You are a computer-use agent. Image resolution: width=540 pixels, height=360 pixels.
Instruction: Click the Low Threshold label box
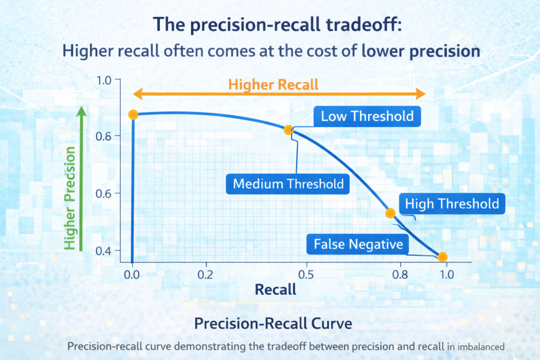tap(367, 116)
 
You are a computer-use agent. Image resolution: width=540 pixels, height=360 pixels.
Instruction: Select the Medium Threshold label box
tap(288, 184)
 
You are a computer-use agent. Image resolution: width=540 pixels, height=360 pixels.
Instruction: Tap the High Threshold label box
tap(452, 203)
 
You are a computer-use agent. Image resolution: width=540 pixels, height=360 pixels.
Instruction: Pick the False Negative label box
tap(358, 244)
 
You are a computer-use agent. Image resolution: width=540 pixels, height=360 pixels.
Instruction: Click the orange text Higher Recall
tap(274, 84)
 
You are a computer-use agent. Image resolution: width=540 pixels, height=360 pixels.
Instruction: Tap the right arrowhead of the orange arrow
tap(420, 94)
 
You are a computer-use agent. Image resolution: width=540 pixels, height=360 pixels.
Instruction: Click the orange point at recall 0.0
tap(133, 115)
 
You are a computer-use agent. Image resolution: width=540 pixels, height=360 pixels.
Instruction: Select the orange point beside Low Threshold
tap(288, 130)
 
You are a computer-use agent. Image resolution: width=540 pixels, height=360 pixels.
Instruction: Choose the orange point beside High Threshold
tap(390, 213)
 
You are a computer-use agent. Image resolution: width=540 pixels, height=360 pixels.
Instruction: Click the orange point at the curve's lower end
tap(442, 257)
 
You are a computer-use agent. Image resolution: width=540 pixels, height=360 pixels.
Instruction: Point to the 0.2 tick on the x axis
tap(205, 275)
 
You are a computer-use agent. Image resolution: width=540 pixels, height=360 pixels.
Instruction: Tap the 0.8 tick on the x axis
tap(400, 275)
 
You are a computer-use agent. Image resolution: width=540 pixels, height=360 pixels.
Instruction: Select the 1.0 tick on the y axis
tap(106, 81)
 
